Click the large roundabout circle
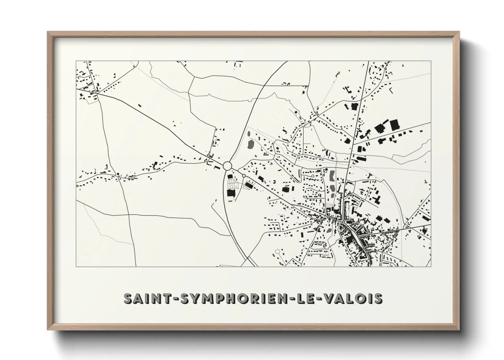(228, 166)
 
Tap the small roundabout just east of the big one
(244, 176)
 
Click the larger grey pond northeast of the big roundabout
(251, 145)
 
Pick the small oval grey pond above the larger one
(249, 134)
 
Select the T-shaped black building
(370, 176)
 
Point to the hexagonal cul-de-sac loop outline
(277, 252)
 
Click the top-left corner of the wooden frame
(48, 32)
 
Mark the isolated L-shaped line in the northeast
(391, 91)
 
